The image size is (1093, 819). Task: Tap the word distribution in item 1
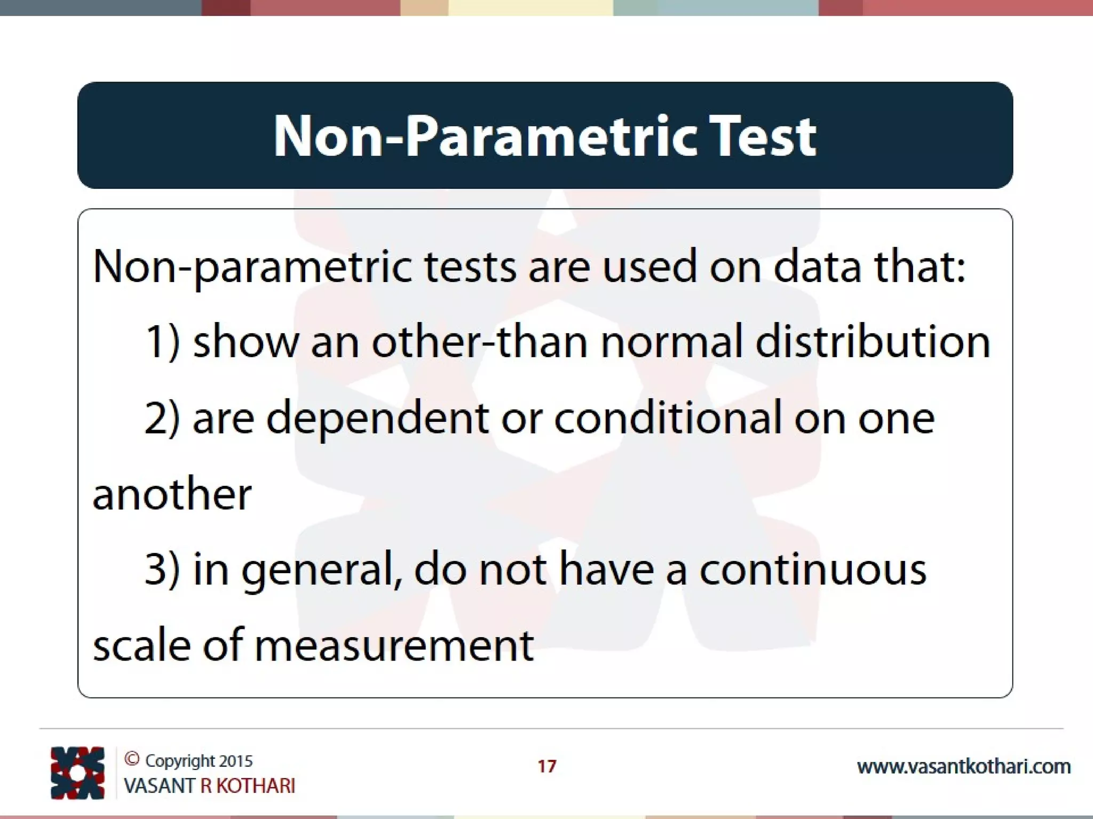pyautogui.click(x=873, y=342)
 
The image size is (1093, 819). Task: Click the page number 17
pyautogui.click(x=546, y=766)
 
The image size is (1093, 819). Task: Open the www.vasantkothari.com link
pyautogui.click(x=963, y=767)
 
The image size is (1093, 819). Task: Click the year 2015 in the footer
pyautogui.click(x=235, y=761)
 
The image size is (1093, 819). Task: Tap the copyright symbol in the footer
pyautogui.click(x=132, y=759)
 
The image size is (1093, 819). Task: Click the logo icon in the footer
pyautogui.click(x=77, y=773)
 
